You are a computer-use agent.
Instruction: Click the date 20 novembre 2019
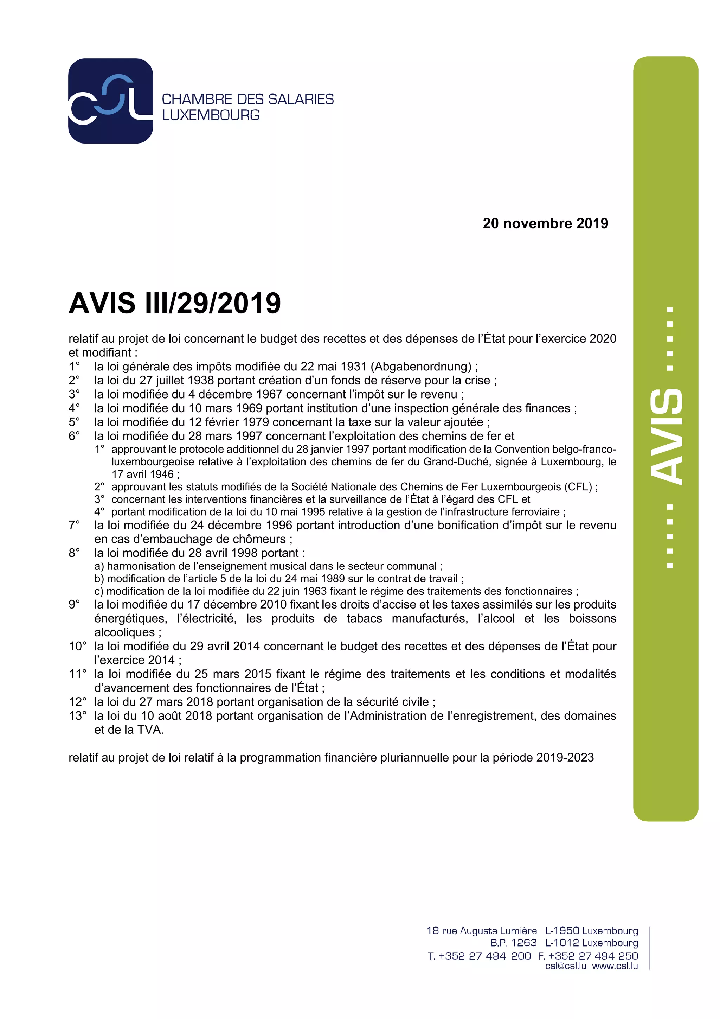tap(545, 223)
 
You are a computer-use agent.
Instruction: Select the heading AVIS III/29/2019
tap(175, 304)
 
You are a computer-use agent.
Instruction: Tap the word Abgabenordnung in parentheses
tap(421, 367)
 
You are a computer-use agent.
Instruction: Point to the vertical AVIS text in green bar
tap(666, 437)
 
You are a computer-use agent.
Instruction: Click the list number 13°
tap(78, 716)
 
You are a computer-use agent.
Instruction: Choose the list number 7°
tap(74, 525)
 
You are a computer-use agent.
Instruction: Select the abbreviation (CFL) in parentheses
tap(578, 487)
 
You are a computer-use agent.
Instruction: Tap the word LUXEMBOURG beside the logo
tap(211, 115)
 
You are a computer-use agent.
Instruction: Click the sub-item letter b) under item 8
tap(99, 579)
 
